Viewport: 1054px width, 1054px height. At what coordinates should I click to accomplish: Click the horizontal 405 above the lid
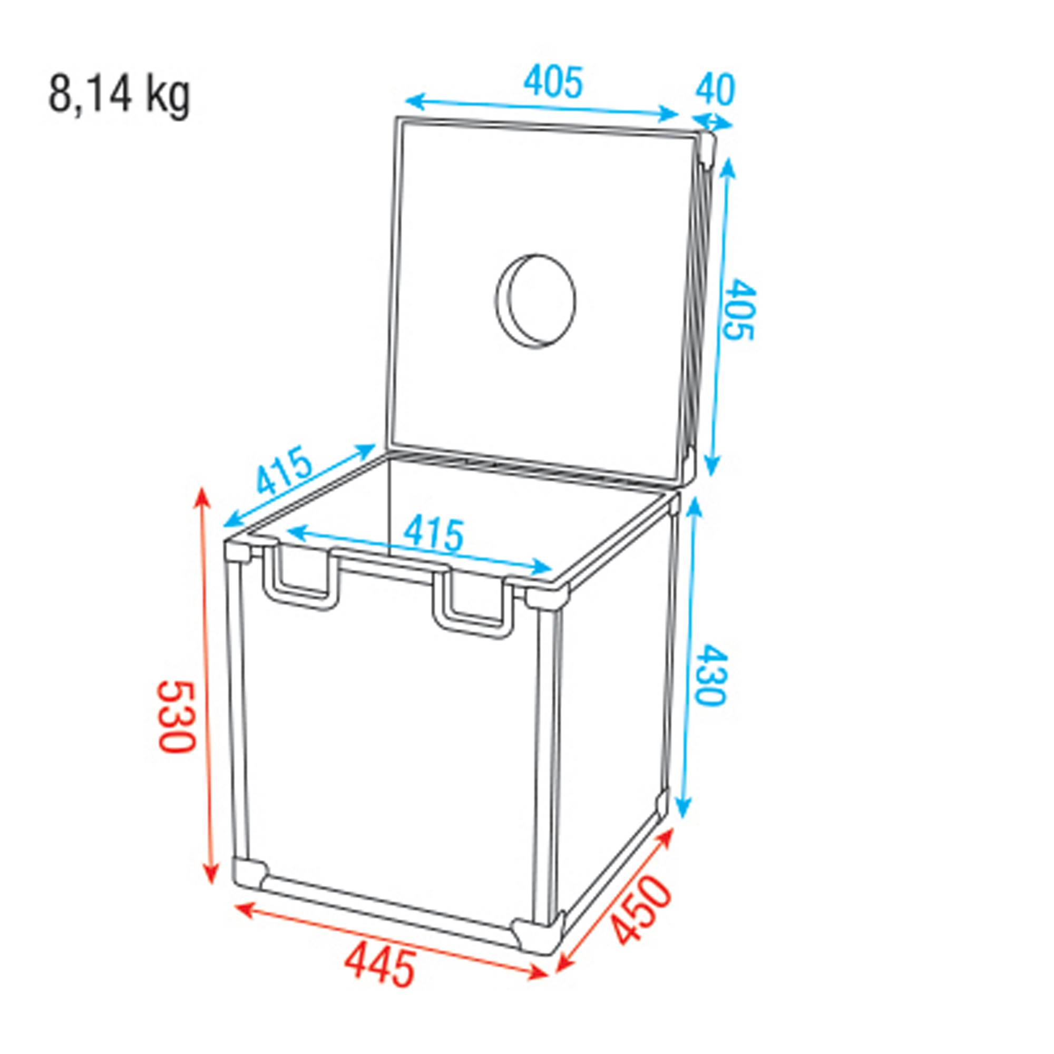pos(553,82)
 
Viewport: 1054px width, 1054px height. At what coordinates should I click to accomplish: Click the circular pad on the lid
pos(536,300)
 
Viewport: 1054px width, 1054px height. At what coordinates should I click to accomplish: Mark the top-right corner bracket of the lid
pos(707,148)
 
